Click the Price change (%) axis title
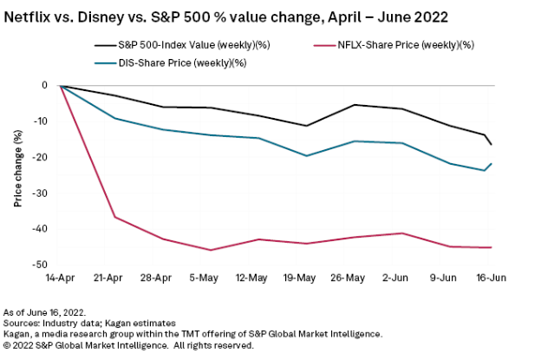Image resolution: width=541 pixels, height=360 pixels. tap(17, 169)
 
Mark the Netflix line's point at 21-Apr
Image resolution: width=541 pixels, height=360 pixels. tap(116, 216)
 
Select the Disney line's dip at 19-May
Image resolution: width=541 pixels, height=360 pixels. tap(306, 156)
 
